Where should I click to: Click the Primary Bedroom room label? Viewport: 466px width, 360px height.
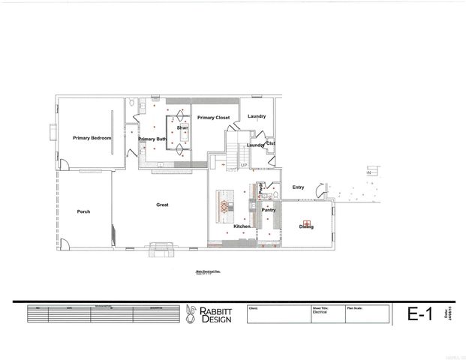(x=92, y=139)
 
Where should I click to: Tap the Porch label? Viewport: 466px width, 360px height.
(x=83, y=211)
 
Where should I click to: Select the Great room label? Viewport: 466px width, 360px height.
(x=161, y=205)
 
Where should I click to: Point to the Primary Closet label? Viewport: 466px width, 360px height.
(x=213, y=118)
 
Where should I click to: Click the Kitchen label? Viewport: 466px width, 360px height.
(x=242, y=226)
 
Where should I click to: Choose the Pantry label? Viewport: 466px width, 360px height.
(x=269, y=210)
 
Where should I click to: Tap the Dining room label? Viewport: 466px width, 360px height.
(x=305, y=226)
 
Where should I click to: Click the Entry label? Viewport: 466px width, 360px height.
(x=298, y=187)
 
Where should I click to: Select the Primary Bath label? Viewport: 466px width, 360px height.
(x=152, y=139)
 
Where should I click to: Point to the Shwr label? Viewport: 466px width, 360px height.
(x=182, y=128)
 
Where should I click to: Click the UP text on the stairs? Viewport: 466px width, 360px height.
(x=244, y=165)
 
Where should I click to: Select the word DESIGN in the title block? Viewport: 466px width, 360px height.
(x=216, y=319)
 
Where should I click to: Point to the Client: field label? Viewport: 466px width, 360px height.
(x=253, y=307)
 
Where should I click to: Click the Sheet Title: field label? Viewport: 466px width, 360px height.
(x=323, y=307)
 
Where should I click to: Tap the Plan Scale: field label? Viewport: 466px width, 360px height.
(x=356, y=307)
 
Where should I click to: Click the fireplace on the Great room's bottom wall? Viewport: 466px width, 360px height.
(x=160, y=247)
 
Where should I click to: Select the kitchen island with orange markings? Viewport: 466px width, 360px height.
(x=224, y=205)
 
